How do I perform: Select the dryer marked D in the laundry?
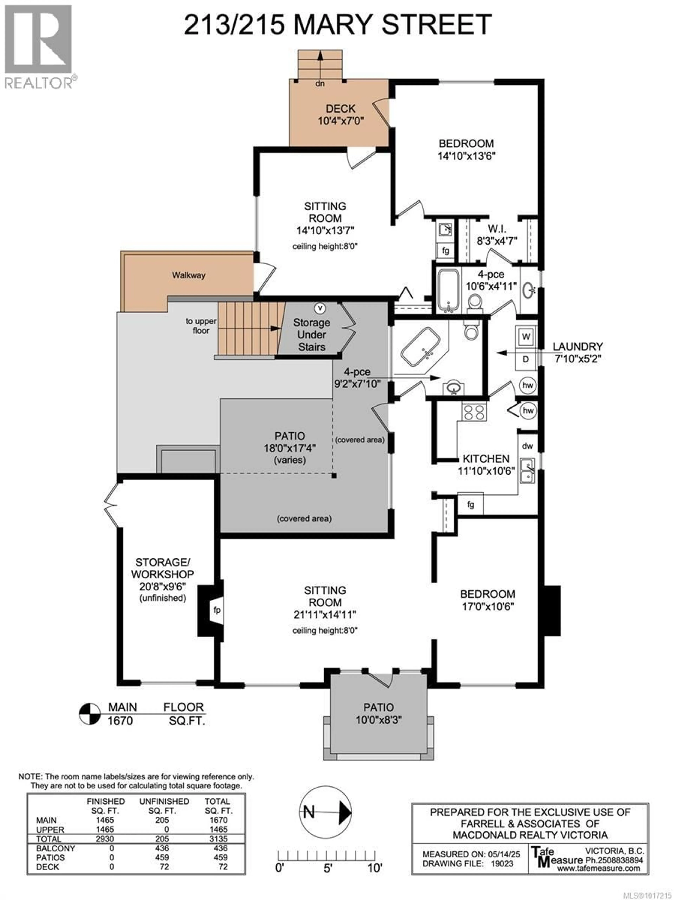(526, 359)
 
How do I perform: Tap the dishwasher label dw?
(527, 446)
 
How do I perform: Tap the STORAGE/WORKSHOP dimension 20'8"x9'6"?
(162, 586)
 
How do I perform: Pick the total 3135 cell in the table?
(218, 838)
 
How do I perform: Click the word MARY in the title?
(334, 24)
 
